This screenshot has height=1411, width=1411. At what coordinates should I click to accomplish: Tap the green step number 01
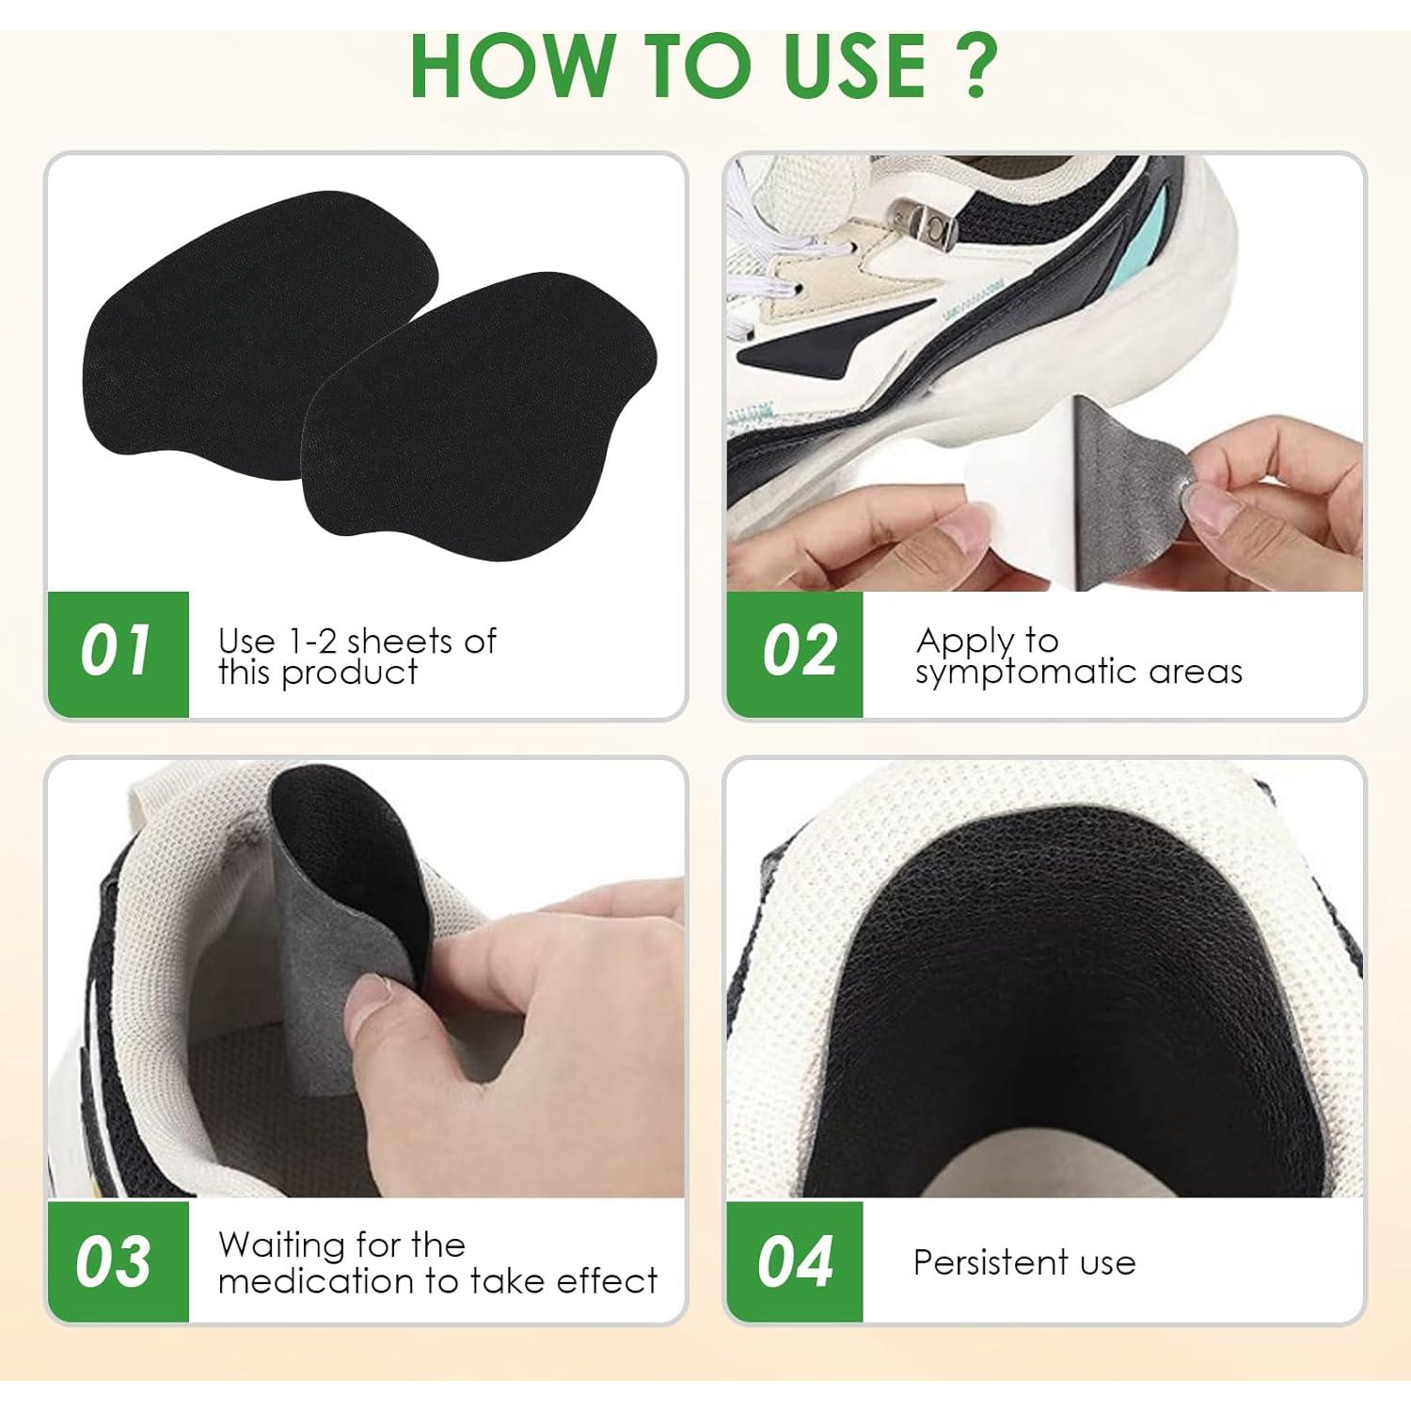[117, 651]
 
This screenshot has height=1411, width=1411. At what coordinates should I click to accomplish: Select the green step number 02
[798, 651]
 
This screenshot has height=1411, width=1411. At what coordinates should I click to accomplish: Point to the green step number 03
[115, 1260]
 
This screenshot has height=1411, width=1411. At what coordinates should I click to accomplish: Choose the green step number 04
[795, 1260]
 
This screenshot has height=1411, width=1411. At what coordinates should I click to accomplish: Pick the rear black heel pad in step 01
[235, 329]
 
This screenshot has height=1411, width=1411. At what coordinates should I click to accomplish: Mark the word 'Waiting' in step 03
[279, 1245]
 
